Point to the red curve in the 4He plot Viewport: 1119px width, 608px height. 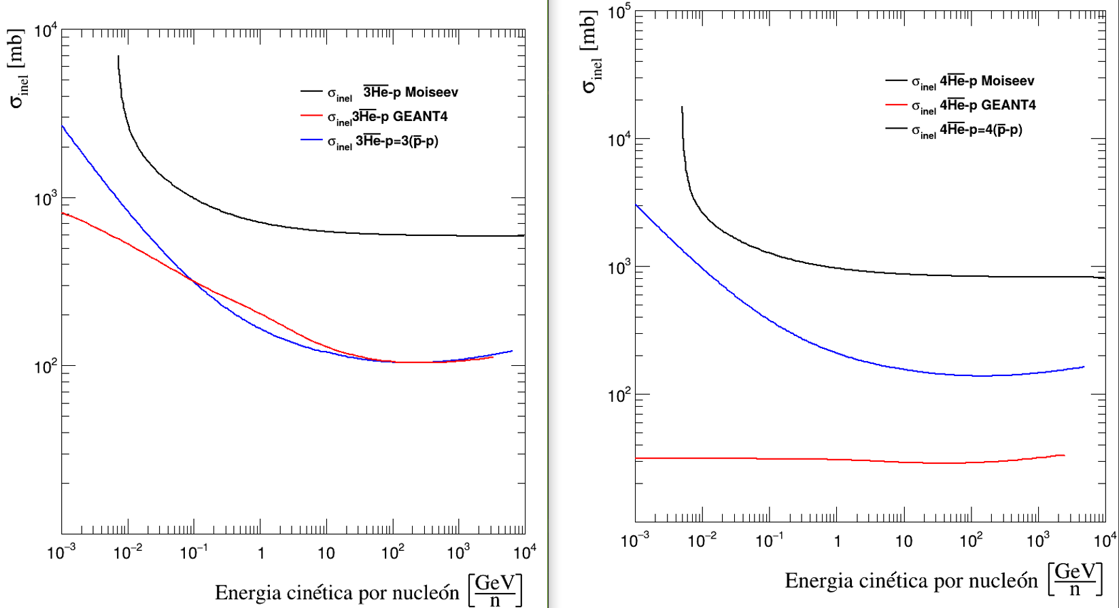click(x=816, y=459)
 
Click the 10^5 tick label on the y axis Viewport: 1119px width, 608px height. click(x=619, y=12)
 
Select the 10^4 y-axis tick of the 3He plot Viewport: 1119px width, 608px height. click(x=46, y=31)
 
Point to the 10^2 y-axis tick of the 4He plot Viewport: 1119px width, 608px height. click(x=619, y=395)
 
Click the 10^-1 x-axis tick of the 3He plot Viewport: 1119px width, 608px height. click(x=194, y=553)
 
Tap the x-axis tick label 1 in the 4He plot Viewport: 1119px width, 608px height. click(x=837, y=541)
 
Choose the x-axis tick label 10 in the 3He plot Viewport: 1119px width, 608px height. click(x=326, y=553)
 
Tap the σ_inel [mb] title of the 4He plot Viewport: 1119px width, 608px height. click(x=591, y=51)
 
